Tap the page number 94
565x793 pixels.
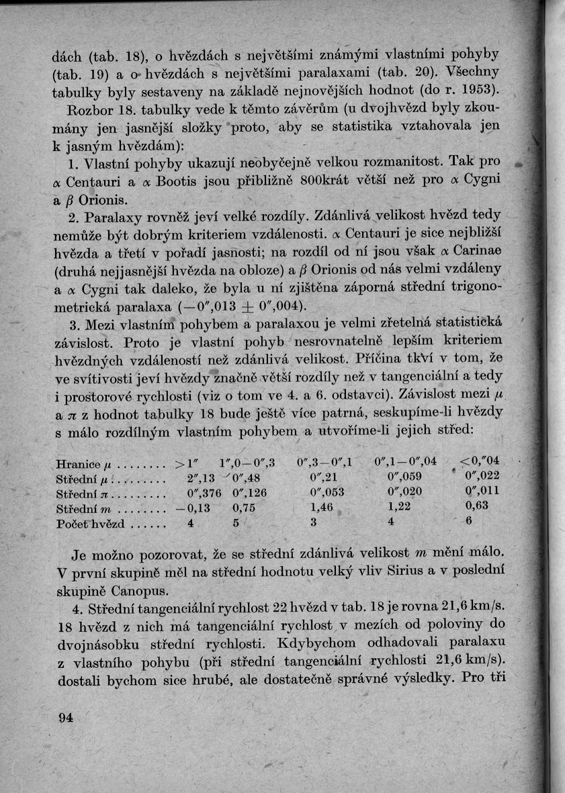(65, 718)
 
